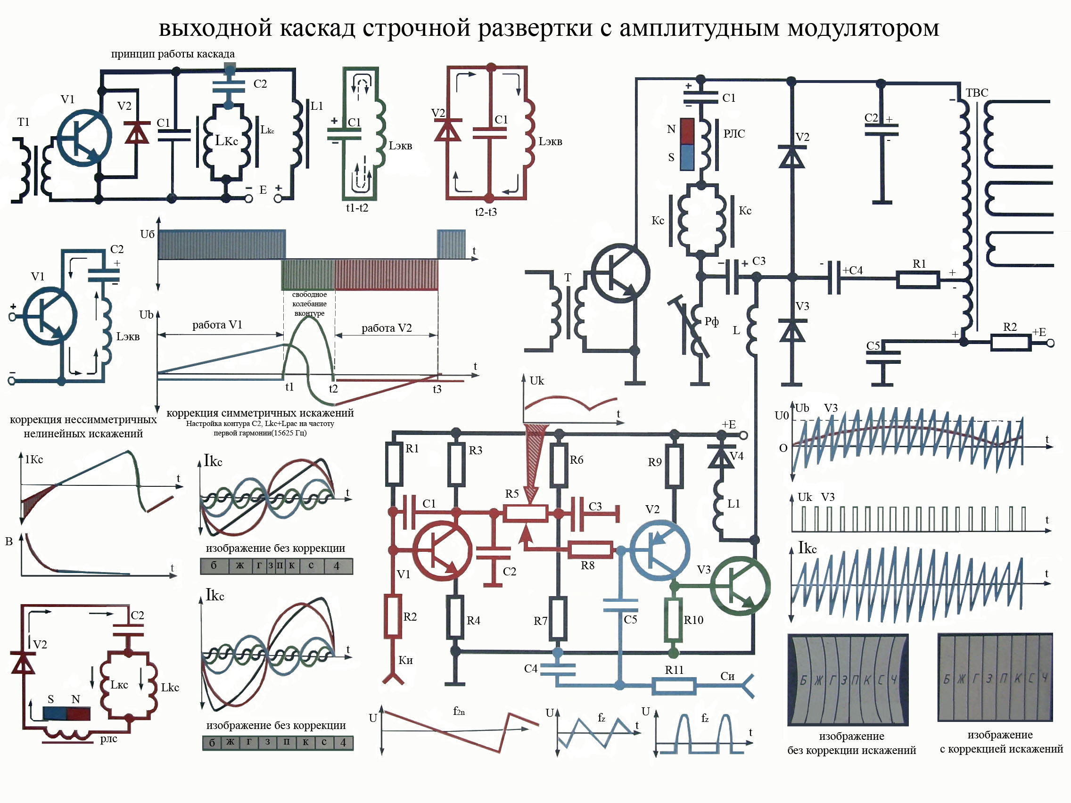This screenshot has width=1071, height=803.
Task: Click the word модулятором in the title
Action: [x=863, y=28]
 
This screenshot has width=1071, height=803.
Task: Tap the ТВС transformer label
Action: [x=977, y=92]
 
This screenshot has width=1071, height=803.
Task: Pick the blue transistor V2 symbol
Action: [x=659, y=551]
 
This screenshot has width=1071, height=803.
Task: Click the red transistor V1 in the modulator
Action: [x=442, y=551]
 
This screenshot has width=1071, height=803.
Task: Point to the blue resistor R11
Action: [x=674, y=685]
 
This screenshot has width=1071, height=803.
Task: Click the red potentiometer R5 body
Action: [x=525, y=513]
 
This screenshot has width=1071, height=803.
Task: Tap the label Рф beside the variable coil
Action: [x=711, y=321]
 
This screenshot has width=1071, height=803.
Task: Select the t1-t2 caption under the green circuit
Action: [x=357, y=208]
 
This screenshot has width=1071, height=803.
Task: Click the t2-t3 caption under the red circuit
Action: [x=486, y=212]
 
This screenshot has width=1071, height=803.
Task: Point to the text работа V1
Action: [x=217, y=325]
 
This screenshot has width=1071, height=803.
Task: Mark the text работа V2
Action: [x=387, y=328]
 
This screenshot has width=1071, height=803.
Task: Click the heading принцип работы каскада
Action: [x=173, y=54]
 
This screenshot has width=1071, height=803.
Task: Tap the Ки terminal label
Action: [x=405, y=660]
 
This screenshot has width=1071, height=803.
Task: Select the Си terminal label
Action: [x=727, y=676]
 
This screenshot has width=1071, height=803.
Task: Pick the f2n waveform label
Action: [x=459, y=711]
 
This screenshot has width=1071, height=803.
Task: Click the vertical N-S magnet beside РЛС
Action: [x=687, y=144]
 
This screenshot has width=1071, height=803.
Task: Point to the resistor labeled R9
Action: [x=675, y=466]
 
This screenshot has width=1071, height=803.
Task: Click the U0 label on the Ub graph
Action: [x=782, y=415]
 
